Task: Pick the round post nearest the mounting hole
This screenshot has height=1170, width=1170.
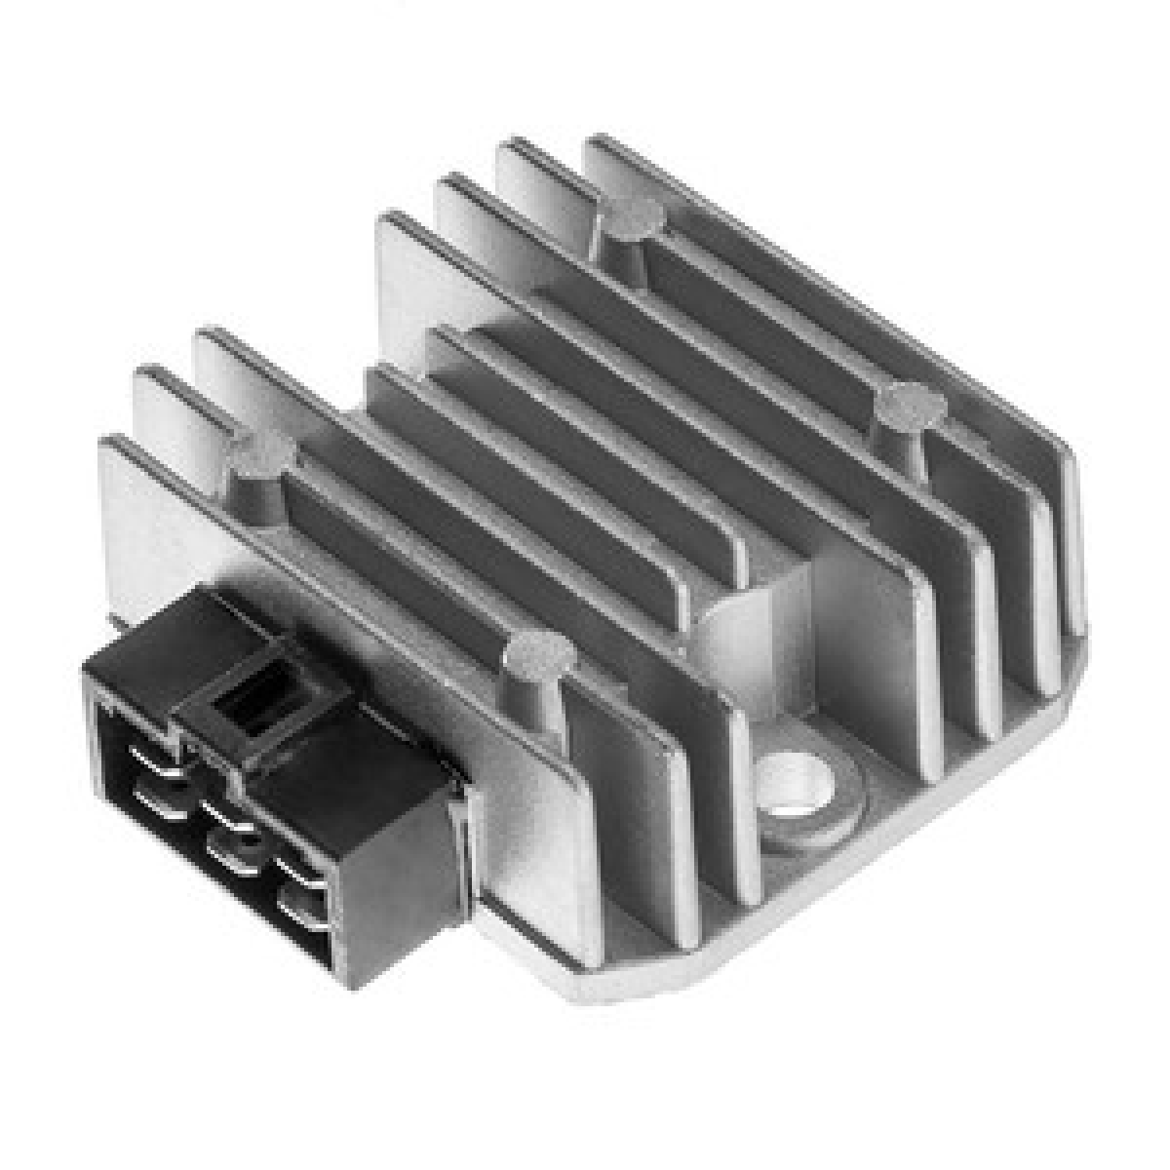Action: pos(538,655)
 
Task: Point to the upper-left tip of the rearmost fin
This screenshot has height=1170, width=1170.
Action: pos(595,143)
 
